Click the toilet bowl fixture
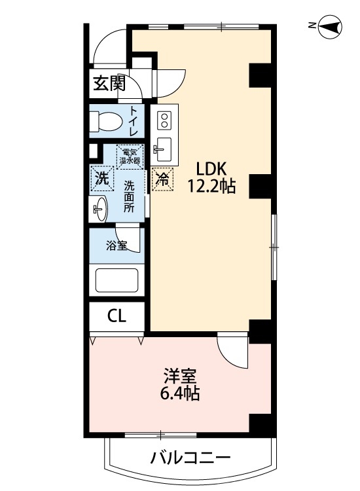[x=105, y=120]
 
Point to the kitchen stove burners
[x=164, y=120]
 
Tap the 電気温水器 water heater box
[x=130, y=156]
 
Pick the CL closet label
[x=117, y=317]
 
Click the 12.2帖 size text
[x=211, y=187]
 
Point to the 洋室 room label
[x=181, y=376]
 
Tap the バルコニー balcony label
[x=189, y=457]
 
